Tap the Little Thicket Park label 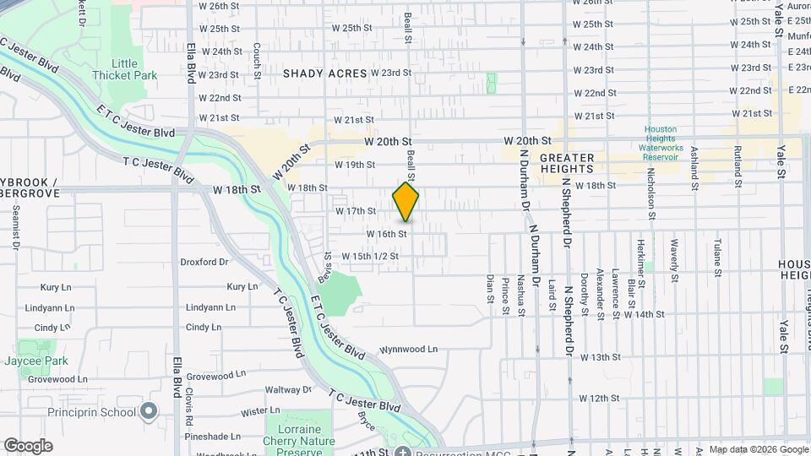134,69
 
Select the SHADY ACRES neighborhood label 324,73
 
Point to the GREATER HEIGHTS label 567,158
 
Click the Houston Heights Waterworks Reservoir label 661,144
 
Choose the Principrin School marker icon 150,412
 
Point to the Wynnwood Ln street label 409,349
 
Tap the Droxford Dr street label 204,263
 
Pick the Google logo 28,446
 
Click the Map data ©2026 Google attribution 758,449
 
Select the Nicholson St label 652,195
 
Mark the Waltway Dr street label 288,390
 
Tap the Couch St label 256,57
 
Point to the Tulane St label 716,258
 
